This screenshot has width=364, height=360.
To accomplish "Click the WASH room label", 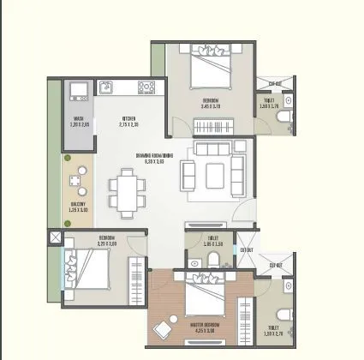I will pyautogui.click(x=77, y=119).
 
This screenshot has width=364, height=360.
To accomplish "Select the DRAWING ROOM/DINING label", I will pyautogui.click(x=154, y=154).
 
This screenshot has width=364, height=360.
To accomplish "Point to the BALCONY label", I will pyautogui.click(x=78, y=204).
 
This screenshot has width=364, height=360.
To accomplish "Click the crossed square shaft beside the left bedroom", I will pyautogui.click(x=56, y=232).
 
